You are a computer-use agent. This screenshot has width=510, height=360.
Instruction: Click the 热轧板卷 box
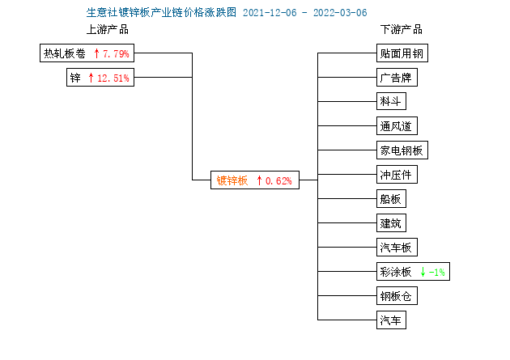pos(87,53)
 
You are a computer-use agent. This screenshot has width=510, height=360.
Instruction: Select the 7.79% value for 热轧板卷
pos(116,53)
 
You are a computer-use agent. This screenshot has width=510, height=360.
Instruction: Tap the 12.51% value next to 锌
pos(113,78)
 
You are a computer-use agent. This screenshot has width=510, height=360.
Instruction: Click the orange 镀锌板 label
pos(232,180)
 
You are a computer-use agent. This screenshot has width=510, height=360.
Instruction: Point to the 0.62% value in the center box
pos(278,180)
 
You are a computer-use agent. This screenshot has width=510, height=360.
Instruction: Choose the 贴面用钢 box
pos(402,53)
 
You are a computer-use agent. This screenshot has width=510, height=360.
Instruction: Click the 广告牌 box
pos(397,78)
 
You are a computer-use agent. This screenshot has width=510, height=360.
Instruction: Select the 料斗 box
pos(391,101)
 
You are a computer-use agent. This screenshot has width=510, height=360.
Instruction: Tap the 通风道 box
pos(397,125)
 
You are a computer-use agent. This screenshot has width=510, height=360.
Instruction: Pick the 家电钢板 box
pos(402,150)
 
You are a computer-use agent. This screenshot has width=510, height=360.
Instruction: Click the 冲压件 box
pos(397,175)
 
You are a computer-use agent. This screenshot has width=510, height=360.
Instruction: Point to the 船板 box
pos(391,198)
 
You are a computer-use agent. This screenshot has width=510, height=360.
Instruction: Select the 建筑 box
pos(391,223)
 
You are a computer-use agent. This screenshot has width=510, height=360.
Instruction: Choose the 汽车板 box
pos(397,248)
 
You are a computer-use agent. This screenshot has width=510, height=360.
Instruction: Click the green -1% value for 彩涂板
pos(436,272)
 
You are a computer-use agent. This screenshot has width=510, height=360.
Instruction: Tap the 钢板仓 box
pos(397,295)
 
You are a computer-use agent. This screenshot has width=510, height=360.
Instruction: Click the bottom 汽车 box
pos(391,320)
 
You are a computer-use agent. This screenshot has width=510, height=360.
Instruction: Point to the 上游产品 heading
pos(108,30)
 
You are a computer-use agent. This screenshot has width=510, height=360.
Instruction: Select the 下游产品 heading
pos(402,30)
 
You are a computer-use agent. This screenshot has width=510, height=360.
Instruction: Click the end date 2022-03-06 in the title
pos(340,13)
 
